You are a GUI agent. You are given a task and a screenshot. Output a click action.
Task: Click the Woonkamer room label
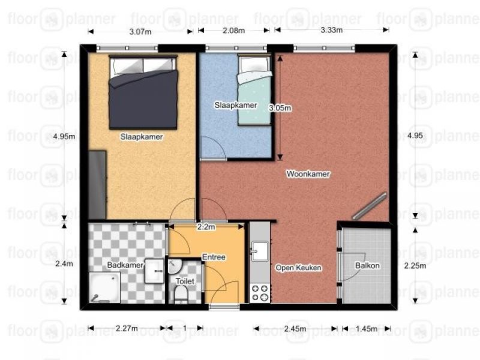(308, 174)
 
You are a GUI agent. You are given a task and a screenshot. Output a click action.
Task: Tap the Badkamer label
(125, 265)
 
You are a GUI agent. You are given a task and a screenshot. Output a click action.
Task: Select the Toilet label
(185, 281)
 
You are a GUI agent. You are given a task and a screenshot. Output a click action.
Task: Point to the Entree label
(214, 257)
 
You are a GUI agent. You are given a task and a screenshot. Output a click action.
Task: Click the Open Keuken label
(298, 268)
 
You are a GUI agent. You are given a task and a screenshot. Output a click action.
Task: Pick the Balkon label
(367, 265)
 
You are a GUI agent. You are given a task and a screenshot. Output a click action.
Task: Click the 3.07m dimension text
(140, 32)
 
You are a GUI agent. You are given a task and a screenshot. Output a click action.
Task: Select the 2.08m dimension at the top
(233, 31)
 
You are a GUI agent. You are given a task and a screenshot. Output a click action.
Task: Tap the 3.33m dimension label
(332, 30)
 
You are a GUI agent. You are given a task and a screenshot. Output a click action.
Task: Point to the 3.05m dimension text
(280, 108)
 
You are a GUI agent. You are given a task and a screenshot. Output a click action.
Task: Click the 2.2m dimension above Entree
(206, 227)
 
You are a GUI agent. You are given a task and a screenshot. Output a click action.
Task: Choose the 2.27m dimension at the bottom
(127, 328)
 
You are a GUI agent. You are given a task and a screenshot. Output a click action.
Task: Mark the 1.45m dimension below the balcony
(367, 329)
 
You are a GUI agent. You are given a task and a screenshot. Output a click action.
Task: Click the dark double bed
(143, 92)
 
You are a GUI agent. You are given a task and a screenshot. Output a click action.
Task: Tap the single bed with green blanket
(254, 90)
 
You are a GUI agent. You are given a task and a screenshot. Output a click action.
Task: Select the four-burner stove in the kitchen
(260, 293)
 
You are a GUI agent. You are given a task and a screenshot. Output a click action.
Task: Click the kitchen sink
(260, 251)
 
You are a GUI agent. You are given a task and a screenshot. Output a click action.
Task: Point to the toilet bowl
(181, 295)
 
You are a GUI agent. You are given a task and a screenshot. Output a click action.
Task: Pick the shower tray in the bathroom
(104, 287)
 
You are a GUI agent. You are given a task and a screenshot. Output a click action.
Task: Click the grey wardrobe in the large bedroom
(97, 185)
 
